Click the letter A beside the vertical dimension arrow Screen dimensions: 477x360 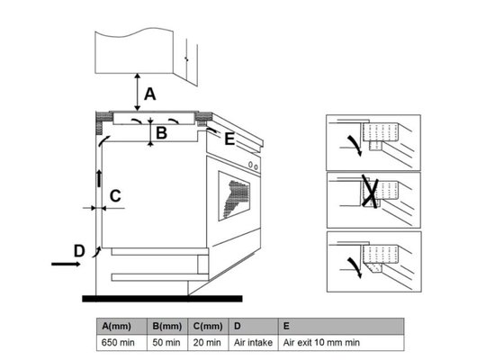(x=149, y=94)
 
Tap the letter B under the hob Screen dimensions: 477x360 (x=161, y=133)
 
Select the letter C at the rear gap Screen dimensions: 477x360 (x=115, y=196)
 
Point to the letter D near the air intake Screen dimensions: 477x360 (x=79, y=251)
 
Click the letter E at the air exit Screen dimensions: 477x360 (x=229, y=139)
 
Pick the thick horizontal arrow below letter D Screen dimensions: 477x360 (x=66, y=264)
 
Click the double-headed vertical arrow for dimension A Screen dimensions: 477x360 (x=138, y=92)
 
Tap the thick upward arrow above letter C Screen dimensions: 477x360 (x=99, y=178)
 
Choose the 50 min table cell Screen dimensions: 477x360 (x=167, y=343)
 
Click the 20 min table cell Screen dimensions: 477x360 (x=208, y=343)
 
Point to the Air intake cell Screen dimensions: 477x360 (x=254, y=343)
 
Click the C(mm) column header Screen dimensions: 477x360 (x=208, y=326)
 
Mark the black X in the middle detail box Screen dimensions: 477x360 (x=370, y=193)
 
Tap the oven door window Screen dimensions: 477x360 (x=234, y=195)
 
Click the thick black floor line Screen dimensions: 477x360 (x=162, y=299)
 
